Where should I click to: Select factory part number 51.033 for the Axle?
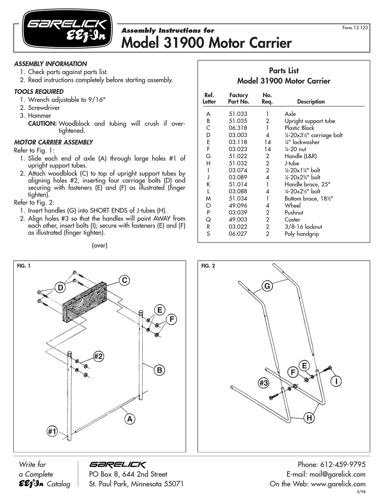click(x=238, y=114)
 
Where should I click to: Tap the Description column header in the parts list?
click(x=310, y=102)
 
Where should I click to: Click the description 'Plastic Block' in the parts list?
click(x=299, y=128)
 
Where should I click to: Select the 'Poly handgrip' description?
click(x=302, y=234)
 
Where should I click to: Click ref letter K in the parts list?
click(x=208, y=184)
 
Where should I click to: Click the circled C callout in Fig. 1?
click(x=125, y=280)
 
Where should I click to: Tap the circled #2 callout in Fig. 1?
click(x=99, y=356)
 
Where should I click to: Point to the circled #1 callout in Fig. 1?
click(x=51, y=432)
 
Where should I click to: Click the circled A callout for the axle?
click(x=130, y=419)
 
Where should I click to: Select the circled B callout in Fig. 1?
click(x=159, y=370)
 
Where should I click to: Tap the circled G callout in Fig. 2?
click(x=267, y=286)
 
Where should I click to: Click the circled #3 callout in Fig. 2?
click(x=263, y=383)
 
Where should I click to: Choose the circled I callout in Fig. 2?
click(x=335, y=381)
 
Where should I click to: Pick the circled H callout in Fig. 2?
click(x=308, y=418)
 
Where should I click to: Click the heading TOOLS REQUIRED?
click(x=39, y=91)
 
